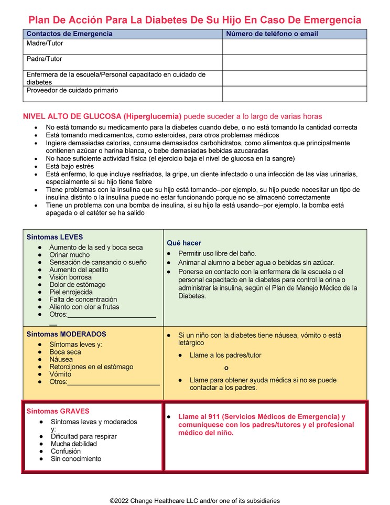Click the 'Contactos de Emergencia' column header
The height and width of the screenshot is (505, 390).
click(69, 34)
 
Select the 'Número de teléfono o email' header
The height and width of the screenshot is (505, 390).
click(272, 34)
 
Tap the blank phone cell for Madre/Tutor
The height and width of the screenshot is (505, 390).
click(294, 47)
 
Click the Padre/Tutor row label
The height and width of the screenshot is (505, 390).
click(44, 59)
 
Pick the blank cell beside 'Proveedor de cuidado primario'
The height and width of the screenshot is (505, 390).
click(294, 94)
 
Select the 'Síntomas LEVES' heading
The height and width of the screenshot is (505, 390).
click(55, 237)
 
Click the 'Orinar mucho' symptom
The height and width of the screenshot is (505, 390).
click(69, 255)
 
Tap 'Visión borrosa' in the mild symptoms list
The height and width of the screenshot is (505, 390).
click(70, 277)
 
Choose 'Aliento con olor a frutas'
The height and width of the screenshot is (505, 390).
click(84, 307)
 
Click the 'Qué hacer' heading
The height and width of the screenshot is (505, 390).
click(183, 243)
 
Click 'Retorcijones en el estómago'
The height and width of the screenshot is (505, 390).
click(91, 367)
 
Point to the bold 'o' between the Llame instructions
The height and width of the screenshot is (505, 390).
click(226, 368)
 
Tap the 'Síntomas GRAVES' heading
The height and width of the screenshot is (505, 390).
click(58, 412)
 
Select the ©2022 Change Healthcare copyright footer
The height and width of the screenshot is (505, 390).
click(194, 501)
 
